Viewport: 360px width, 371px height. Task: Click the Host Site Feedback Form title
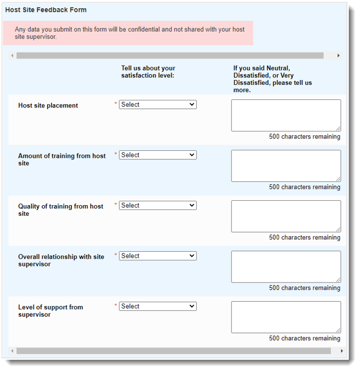(46, 10)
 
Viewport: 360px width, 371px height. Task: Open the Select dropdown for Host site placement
(157, 105)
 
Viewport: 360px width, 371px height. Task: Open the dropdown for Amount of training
(157, 155)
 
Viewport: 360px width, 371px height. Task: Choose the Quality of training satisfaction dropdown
(157, 206)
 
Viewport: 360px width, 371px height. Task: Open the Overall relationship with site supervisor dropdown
(157, 256)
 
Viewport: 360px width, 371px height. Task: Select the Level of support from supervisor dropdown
(157, 307)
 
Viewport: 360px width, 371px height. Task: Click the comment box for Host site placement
(286, 115)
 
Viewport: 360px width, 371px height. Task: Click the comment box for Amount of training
(286, 165)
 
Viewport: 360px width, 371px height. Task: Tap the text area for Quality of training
(286, 216)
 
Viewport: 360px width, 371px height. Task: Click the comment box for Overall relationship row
(286, 266)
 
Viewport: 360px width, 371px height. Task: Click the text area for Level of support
(286, 317)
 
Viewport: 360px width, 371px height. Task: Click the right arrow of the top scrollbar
(339, 56)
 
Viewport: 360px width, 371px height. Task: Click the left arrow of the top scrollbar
(12, 56)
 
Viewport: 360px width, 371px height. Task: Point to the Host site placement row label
(48, 106)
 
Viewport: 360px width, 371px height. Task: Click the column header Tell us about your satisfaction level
(148, 72)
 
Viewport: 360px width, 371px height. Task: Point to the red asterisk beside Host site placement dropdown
(116, 104)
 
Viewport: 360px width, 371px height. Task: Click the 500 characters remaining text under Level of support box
(304, 338)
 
